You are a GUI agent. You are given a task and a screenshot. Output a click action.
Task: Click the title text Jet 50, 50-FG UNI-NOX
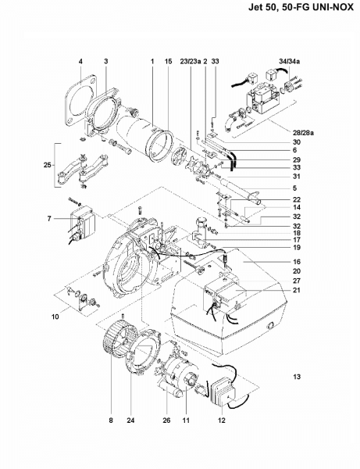coord(301,7)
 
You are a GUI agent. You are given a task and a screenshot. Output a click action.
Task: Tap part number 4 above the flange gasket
coord(80,61)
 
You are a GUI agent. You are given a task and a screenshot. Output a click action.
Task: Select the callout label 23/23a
coord(191,61)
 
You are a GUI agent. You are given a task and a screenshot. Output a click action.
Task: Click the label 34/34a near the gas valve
coord(290,61)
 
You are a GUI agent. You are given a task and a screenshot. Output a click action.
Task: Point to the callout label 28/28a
coord(304,133)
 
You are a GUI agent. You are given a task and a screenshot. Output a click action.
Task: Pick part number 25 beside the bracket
coord(48,165)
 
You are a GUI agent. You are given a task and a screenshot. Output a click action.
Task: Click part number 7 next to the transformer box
coord(49,219)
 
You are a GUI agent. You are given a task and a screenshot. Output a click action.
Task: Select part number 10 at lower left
coord(55,317)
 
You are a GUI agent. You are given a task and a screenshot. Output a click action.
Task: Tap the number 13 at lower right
coord(297,377)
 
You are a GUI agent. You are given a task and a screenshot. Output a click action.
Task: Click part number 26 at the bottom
coord(166,421)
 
